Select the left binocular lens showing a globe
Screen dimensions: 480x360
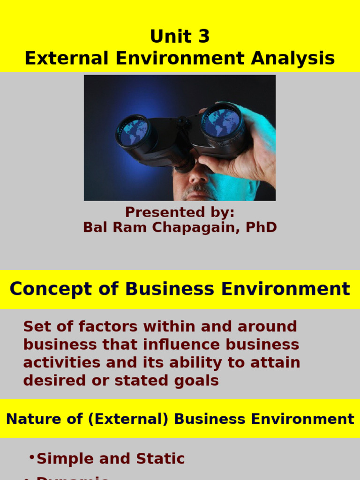[x=133, y=132]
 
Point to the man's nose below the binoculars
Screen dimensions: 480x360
[x=197, y=174]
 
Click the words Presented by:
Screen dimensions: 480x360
[x=180, y=212]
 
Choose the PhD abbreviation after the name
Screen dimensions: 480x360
[x=260, y=227]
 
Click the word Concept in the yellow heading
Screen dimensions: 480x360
[x=44, y=289]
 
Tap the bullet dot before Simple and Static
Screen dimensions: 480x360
[x=31, y=457]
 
